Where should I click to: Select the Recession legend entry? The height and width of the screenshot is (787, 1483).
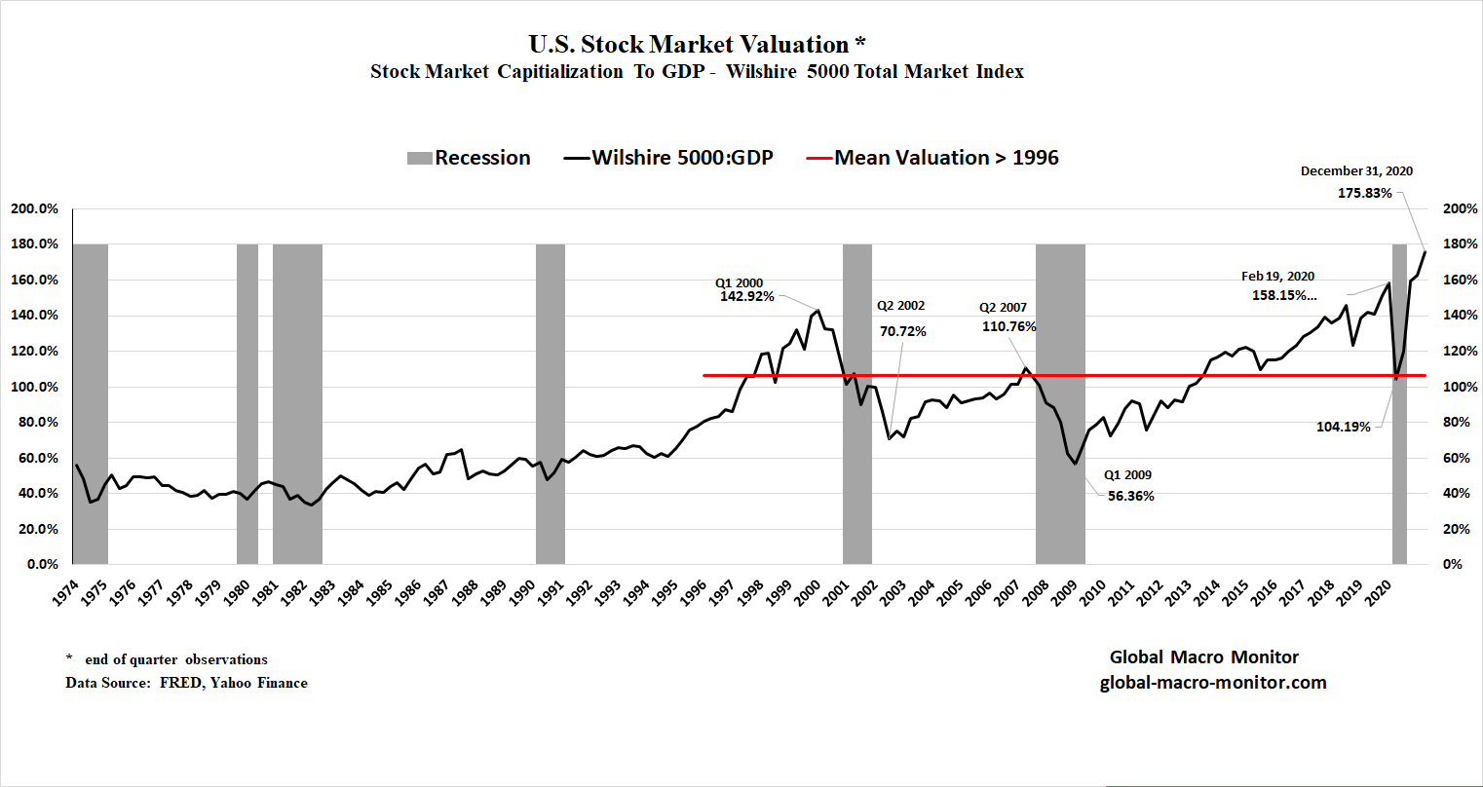470,158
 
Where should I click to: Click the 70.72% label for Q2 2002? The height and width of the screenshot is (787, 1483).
902,331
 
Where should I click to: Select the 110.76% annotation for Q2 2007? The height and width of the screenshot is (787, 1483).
1008,326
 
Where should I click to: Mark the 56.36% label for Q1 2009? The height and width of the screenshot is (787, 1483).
1130,496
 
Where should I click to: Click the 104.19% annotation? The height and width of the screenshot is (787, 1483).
1344,427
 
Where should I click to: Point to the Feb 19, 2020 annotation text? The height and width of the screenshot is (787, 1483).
1277,277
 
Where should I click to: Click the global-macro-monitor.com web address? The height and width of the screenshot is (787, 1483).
1213,682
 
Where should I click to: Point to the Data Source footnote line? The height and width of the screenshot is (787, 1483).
186,683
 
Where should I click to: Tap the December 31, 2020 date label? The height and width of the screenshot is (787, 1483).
1356,171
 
